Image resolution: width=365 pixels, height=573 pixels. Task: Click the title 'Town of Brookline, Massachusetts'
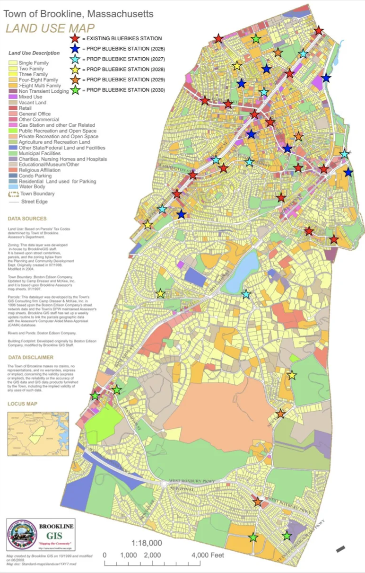coord(78,14)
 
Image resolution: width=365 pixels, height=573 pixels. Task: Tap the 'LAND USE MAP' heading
coord(50,28)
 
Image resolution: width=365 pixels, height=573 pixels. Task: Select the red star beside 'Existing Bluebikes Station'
coord(75,38)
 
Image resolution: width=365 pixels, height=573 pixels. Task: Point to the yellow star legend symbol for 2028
coord(75,70)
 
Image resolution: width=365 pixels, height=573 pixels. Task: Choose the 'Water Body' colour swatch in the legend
coord(13,187)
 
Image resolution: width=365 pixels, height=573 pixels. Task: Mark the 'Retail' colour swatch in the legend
coord(13,108)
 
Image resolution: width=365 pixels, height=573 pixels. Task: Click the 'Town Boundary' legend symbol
coord(13,194)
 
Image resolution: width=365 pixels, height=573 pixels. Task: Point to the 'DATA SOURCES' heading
coord(27,219)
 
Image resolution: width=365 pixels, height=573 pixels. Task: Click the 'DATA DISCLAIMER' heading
coord(31,357)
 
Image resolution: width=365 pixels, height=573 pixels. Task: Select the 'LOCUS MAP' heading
coord(23,404)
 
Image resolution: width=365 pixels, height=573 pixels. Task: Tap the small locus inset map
coord(38,434)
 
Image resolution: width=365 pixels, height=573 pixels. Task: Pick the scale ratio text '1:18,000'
coord(147,543)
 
